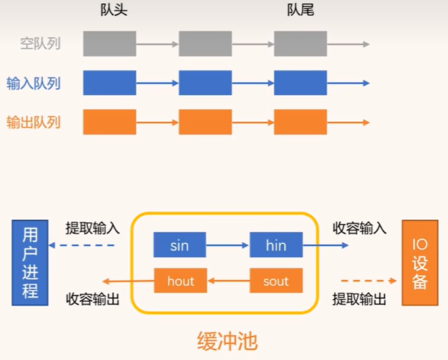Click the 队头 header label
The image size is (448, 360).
(109, 11)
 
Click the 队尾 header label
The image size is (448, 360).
(300, 11)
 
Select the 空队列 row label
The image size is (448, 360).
(40, 44)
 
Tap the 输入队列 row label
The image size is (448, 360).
(34, 84)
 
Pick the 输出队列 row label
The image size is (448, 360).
(34, 122)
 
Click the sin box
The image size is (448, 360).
(180, 245)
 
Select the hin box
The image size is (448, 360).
(276, 245)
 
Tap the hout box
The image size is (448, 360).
(180, 281)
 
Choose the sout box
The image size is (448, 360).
(276, 281)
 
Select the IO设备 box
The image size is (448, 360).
(420, 263)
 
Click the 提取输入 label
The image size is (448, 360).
(93, 228)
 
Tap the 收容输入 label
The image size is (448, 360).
(359, 228)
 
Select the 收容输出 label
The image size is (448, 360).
(93, 299)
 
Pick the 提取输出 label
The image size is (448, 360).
(359, 299)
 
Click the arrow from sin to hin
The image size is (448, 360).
(228, 245)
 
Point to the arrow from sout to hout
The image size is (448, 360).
(228, 281)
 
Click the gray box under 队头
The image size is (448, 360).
(109, 43)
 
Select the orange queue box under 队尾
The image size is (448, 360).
(300, 122)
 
